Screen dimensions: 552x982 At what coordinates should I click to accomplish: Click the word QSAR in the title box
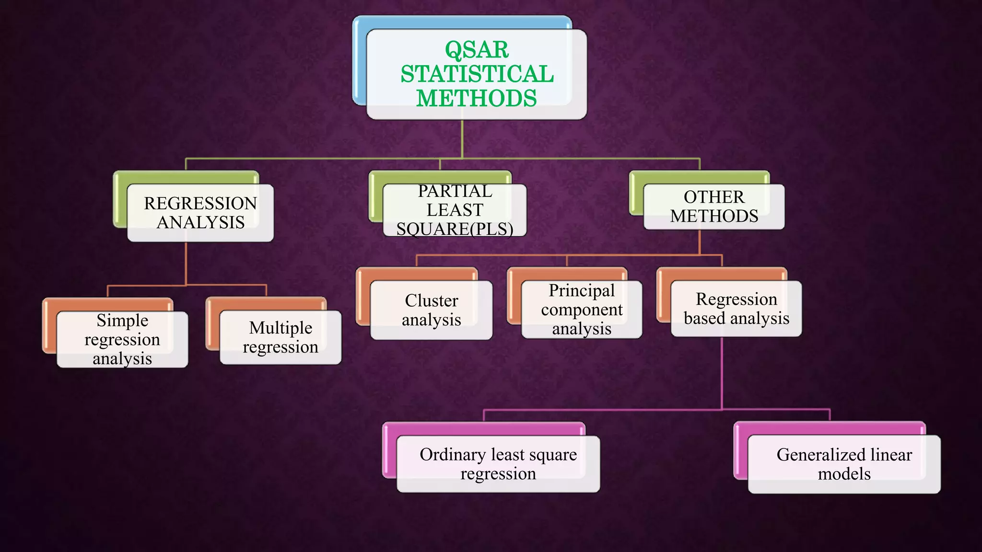pos(477,50)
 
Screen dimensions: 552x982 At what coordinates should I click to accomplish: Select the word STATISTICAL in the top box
pos(477,74)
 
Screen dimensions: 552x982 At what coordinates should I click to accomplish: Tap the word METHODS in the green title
pos(476,99)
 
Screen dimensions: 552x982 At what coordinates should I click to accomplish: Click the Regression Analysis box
pos(200,213)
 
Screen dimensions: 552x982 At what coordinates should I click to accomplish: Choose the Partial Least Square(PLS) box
pos(455,210)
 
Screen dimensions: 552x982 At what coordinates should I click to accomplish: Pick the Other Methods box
pos(714,207)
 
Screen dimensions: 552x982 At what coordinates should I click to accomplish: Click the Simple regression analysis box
pos(122,339)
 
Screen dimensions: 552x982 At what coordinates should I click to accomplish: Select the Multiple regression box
pos(281,337)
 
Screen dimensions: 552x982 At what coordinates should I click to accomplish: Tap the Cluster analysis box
pos(431,310)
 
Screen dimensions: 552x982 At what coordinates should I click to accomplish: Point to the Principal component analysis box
pos(582,310)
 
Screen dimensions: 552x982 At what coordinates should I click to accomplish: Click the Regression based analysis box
pos(736,309)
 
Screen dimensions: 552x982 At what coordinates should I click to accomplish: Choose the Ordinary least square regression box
pos(498,464)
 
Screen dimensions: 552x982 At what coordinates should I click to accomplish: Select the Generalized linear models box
pos(844,464)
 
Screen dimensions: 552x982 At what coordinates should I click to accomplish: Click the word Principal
pos(582,290)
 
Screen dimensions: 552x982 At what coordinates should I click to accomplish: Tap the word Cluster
pos(432,300)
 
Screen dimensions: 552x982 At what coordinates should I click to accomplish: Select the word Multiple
pos(281,328)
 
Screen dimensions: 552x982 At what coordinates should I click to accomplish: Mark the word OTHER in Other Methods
pos(714,197)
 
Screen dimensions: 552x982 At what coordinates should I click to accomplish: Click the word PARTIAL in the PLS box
pos(455,191)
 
